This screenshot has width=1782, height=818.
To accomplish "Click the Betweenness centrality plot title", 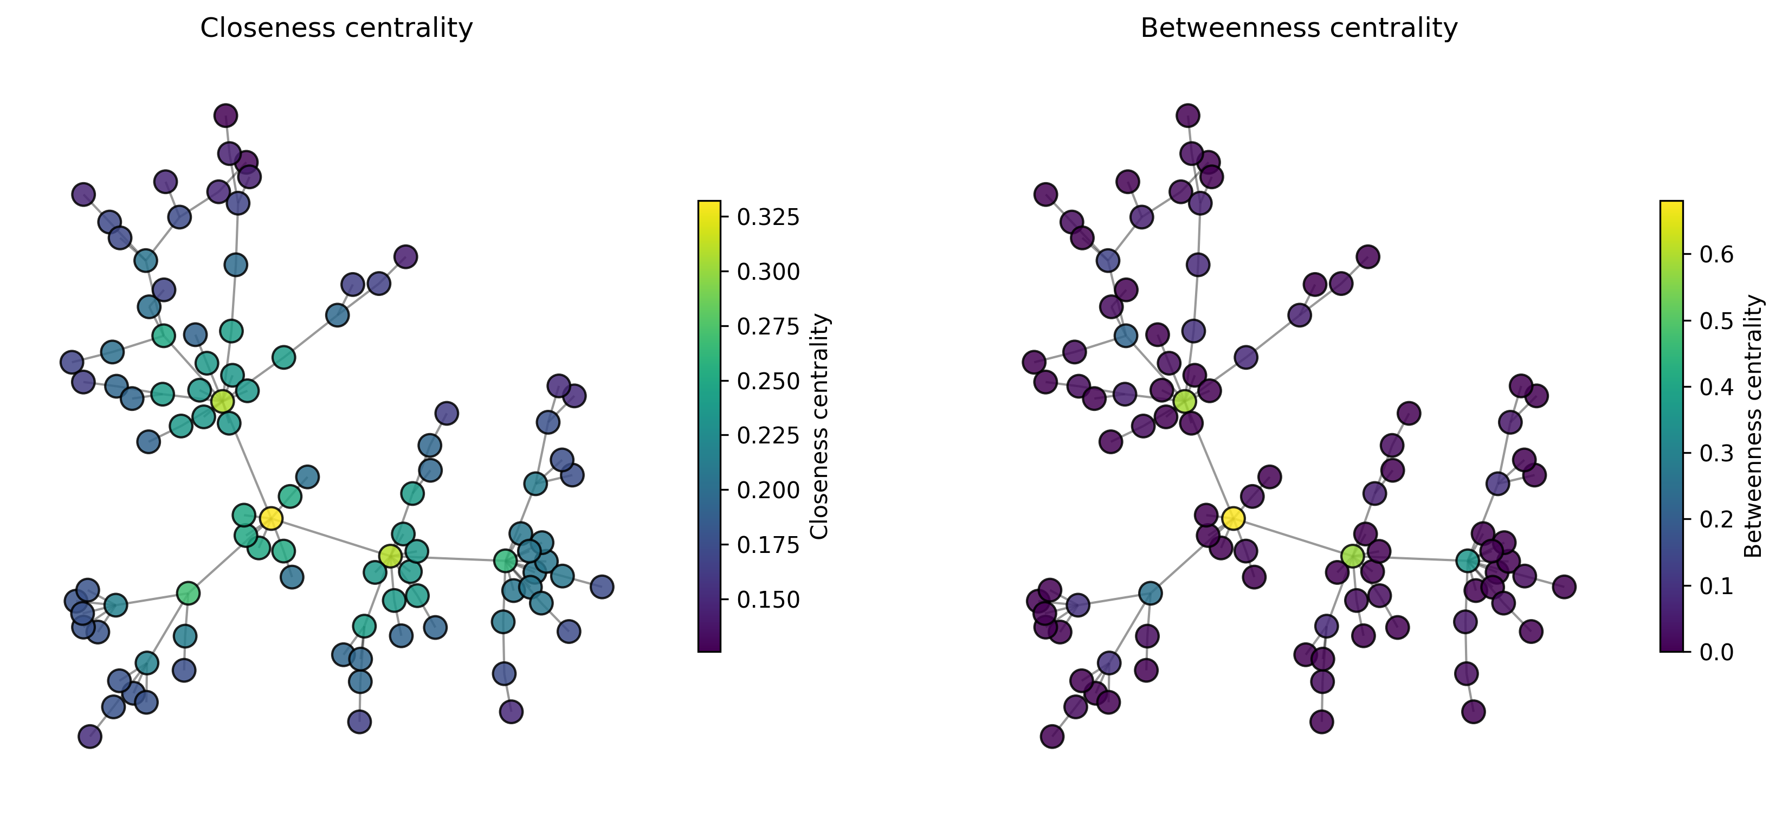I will click(x=1299, y=28).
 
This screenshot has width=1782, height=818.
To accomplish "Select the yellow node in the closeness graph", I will click(x=270, y=518).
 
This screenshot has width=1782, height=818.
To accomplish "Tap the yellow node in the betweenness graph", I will click(x=1233, y=518).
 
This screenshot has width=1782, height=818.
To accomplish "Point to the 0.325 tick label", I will click(x=768, y=217).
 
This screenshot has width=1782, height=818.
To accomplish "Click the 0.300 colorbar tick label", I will click(x=768, y=272).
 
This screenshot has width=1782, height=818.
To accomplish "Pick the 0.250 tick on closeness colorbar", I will click(x=768, y=381).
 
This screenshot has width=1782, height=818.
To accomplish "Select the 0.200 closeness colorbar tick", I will click(x=768, y=490).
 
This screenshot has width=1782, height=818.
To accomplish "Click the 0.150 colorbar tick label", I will click(x=768, y=600).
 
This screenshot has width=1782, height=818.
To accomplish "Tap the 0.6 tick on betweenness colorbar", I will click(x=1717, y=255).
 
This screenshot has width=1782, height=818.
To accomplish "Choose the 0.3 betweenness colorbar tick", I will click(x=1717, y=453).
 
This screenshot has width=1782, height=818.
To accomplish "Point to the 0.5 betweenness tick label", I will click(x=1717, y=321).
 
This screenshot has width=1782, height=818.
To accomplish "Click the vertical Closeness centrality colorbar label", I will click(x=819, y=426).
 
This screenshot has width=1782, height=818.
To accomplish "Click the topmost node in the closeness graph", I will click(x=225, y=115).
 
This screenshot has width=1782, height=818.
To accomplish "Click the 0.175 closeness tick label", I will click(x=768, y=545).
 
